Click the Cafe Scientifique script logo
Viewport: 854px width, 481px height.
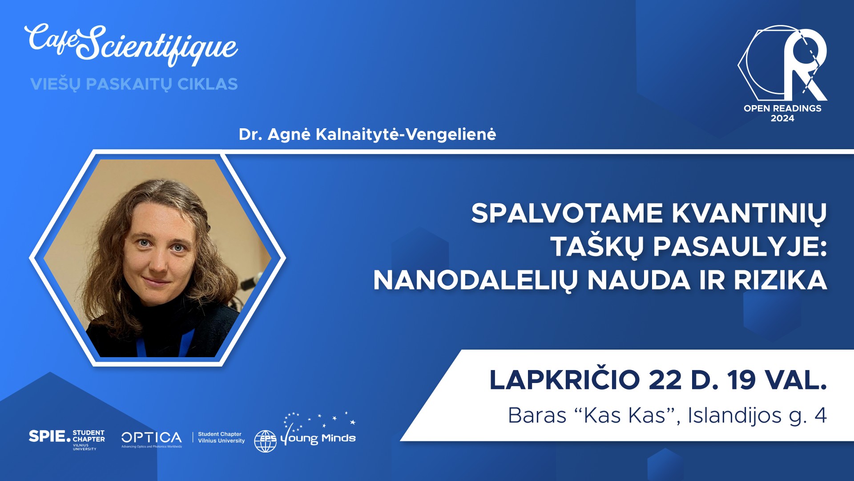[x=132, y=44]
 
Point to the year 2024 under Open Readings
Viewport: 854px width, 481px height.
[x=782, y=118]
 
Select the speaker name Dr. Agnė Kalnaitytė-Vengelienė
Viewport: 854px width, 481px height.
[x=367, y=134]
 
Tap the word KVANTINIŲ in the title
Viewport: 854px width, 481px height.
[x=749, y=214]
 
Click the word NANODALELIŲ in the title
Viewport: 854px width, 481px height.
[x=475, y=281]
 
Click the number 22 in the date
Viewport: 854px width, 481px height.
[x=665, y=380]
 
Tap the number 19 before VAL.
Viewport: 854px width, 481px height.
[x=741, y=380]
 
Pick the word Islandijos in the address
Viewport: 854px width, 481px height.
[x=735, y=416]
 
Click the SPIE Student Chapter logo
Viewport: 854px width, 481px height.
[x=67, y=440]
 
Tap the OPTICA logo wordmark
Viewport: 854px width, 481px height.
[x=152, y=438]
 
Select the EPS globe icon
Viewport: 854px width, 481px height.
[x=265, y=441]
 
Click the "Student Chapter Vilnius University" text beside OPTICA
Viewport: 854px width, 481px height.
[x=222, y=437]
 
